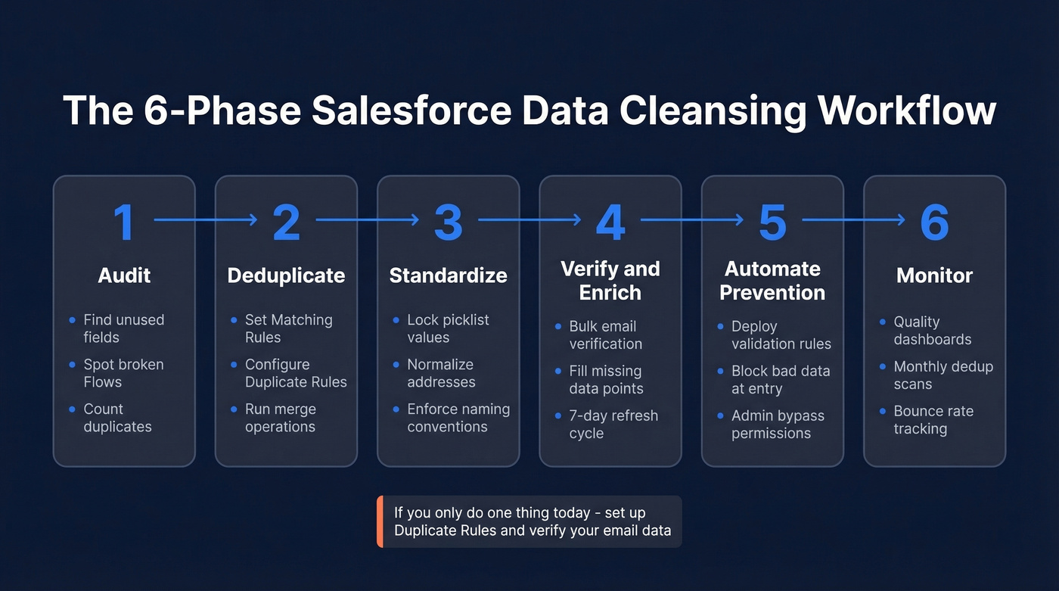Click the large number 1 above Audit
coord(123,222)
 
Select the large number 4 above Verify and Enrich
coord(610,222)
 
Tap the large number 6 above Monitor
coord(934,222)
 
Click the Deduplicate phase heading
coord(286,275)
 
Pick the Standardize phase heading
coord(448,275)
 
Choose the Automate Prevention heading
coord(772,281)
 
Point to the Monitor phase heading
coord(934,275)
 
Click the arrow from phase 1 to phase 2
coord(206,220)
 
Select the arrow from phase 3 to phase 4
coord(529,220)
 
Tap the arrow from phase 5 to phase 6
coord(853,220)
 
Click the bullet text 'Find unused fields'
coord(123,328)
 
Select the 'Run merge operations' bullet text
coord(280,418)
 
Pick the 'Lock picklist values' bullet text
coord(448,328)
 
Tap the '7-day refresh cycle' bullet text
coord(613,425)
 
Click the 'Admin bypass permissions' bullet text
coord(778,425)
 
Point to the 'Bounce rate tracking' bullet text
coord(933,420)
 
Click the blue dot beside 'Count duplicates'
coord(73,409)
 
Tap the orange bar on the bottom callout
coord(380,521)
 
